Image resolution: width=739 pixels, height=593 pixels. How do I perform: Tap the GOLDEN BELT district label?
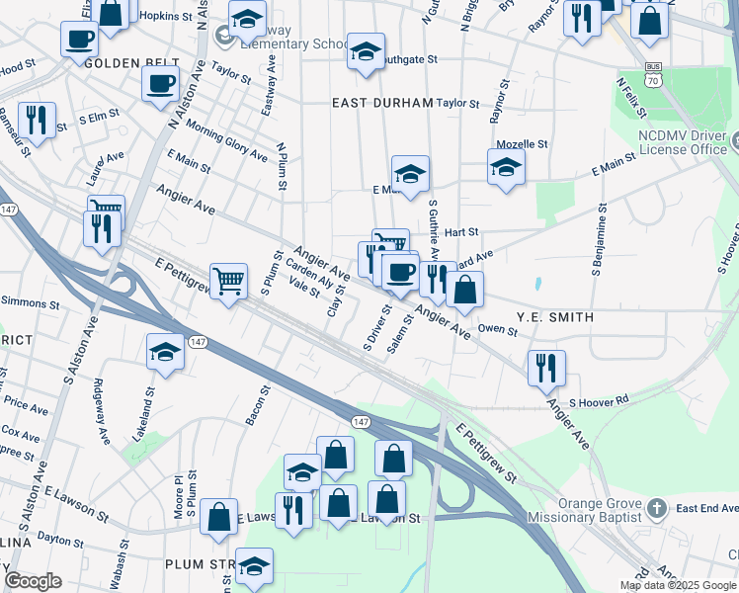(123, 63)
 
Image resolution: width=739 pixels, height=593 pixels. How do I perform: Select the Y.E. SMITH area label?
(555, 317)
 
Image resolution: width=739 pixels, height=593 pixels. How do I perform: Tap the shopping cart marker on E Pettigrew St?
(228, 281)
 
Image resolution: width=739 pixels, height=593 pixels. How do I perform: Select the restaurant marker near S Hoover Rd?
(545, 367)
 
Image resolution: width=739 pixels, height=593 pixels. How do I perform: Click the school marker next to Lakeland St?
(165, 351)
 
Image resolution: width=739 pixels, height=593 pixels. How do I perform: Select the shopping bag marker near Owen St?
(464, 290)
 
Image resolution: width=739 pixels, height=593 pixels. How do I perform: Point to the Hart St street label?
(461, 232)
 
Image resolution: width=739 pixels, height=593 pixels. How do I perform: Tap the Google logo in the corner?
(34, 580)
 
